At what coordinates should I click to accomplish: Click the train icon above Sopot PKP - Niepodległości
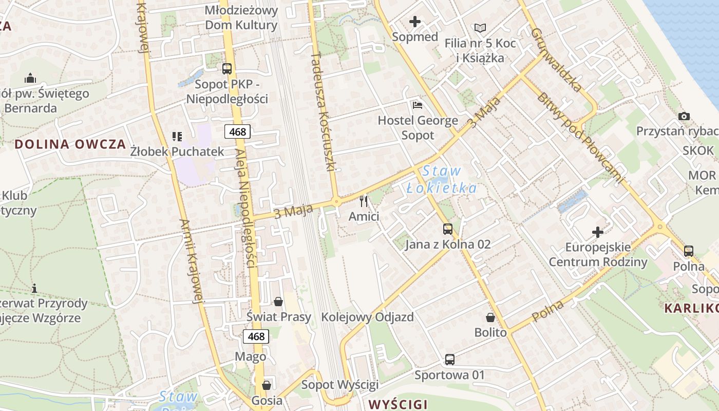click(x=226, y=68)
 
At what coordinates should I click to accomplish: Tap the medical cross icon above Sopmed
click(x=415, y=22)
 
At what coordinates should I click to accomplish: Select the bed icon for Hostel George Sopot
click(x=418, y=105)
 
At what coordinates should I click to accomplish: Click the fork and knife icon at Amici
click(x=364, y=201)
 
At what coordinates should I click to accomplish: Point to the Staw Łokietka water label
click(x=442, y=179)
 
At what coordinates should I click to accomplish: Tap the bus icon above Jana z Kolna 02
click(x=448, y=229)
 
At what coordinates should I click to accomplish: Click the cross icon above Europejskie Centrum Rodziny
click(x=598, y=232)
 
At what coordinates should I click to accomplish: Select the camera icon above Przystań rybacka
click(x=684, y=116)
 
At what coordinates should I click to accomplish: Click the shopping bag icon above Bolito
click(x=490, y=317)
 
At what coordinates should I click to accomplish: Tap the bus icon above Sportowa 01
click(x=449, y=360)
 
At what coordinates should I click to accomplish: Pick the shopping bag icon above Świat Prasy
click(x=278, y=301)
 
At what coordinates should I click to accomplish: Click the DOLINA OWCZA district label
click(x=70, y=144)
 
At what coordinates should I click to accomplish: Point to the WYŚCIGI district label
click(x=398, y=404)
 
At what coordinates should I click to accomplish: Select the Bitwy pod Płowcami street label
click(x=579, y=138)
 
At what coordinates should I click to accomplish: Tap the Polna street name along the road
click(x=548, y=311)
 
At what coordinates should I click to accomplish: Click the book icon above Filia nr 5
click(x=480, y=28)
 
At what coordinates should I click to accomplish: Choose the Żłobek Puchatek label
click(x=177, y=151)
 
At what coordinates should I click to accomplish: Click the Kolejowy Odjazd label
click(x=367, y=316)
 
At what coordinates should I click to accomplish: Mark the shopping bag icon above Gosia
click(x=267, y=385)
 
